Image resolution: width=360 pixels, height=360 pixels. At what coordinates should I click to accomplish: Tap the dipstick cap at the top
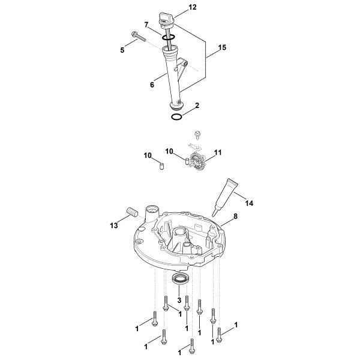click(166, 20)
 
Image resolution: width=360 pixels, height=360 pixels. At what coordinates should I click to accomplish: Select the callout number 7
click(146, 25)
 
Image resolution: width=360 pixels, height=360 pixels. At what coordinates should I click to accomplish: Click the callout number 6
click(152, 85)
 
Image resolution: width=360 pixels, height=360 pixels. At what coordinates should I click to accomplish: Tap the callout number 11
click(218, 153)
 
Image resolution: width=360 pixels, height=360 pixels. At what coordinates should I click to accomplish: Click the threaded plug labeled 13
click(131, 213)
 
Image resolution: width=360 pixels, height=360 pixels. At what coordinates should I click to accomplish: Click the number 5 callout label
click(122, 50)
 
